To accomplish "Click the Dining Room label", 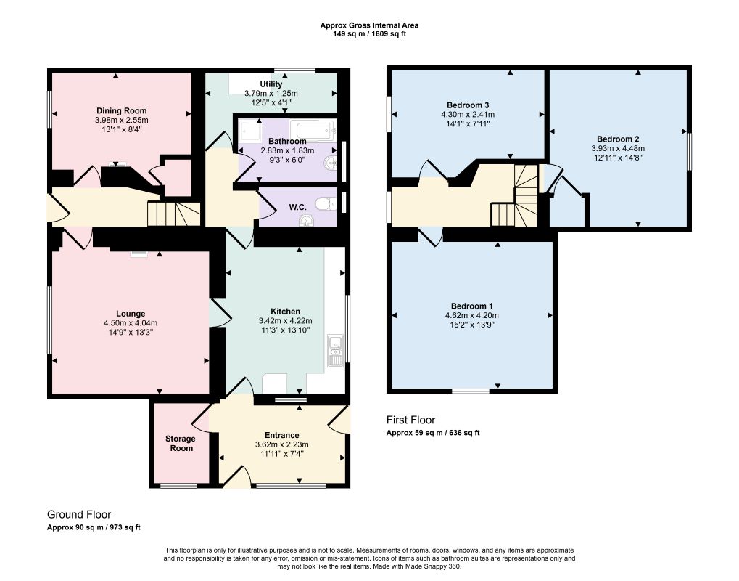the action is tap(122, 111).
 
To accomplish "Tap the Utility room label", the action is tap(271, 84).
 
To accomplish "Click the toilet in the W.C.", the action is tap(326, 204).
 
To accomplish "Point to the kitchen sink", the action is tap(336, 352).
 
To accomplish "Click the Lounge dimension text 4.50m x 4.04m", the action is tap(131, 323).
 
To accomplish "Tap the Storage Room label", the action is tap(181, 444).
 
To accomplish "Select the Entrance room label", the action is tap(282, 435).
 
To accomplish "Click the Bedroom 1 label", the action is tap(472, 306).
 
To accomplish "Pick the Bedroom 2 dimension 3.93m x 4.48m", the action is tap(618, 148).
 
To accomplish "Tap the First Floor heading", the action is tap(410, 420).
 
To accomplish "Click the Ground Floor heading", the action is tap(79, 514).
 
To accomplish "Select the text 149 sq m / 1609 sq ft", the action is tap(370, 34).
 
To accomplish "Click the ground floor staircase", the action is tap(174, 214).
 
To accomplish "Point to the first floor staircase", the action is tap(515, 195).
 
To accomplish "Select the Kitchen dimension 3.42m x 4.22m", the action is tap(285, 321).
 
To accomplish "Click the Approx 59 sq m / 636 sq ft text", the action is tap(433, 433).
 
